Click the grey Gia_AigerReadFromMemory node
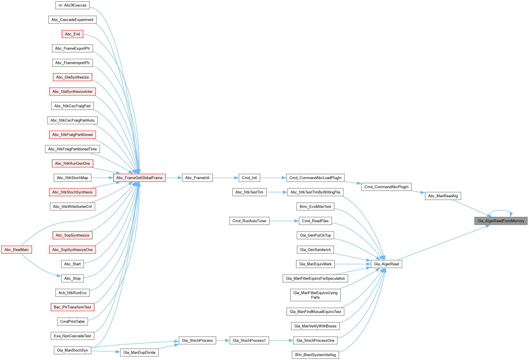click(501, 221)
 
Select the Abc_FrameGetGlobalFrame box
click(139, 178)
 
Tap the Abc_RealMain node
click(16, 250)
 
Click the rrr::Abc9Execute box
click(72, 5)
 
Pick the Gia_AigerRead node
click(386, 264)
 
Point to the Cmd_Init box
click(249, 178)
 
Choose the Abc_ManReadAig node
click(443, 196)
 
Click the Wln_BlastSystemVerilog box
click(315, 355)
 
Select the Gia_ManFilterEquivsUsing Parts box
click(315, 295)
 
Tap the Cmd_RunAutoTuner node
click(249, 221)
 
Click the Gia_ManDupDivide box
click(139, 353)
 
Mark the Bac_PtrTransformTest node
click(72, 307)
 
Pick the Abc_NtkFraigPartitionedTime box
click(72, 149)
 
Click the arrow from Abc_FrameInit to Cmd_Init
click(225, 178)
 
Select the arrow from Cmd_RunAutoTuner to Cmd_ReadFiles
click(284, 221)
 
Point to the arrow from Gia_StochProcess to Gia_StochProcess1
click(223, 340)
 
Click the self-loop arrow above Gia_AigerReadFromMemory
click(501, 211)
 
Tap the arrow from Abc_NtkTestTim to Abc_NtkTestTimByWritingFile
click(277, 192)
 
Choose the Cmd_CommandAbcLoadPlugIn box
click(315, 178)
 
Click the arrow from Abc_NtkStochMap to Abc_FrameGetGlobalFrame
click(102, 178)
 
